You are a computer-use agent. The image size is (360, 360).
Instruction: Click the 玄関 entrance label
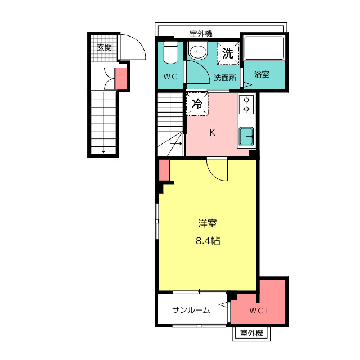click(x=105, y=47)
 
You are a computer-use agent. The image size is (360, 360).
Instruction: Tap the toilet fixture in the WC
click(x=170, y=52)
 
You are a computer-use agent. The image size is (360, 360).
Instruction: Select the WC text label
click(x=170, y=76)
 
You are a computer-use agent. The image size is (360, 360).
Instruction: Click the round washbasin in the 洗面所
click(x=198, y=51)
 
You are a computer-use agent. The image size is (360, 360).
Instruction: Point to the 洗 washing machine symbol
click(x=228, y=53)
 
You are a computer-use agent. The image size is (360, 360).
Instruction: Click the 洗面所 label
click(x=225, y=78)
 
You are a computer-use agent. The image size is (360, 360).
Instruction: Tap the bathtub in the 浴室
click(x=264, y=48)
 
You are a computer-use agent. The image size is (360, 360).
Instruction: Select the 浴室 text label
click(x=262, y=74)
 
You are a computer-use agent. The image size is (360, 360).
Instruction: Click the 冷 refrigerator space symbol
click(x=197, y=103)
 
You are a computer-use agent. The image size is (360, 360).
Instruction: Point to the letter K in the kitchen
click(x=213, y=133)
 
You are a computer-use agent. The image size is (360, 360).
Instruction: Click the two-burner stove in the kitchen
click(x=246, y=105)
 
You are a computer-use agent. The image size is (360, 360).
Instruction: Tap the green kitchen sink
click(x=246, y=137)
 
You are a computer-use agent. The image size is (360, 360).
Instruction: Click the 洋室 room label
click(x=208, y=223)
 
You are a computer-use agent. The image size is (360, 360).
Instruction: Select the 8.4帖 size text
click(x=208, y=241)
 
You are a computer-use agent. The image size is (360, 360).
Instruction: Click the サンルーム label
click(x=191, y=310)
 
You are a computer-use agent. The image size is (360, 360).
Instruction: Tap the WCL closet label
click(x=260, y=311)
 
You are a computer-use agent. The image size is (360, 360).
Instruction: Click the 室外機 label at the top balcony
click(x=201, y=34)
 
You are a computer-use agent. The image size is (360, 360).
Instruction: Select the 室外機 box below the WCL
click(x=251, y=333)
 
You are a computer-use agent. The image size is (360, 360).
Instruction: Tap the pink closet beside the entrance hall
click(x=121, y=79)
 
